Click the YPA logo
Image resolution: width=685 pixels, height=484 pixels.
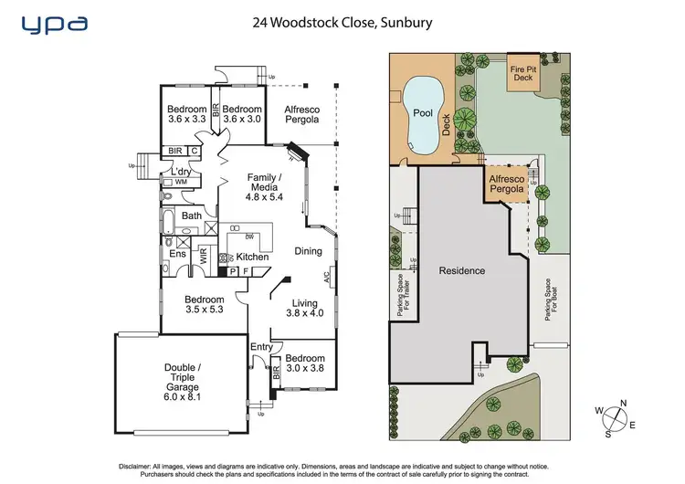tap(56, 22)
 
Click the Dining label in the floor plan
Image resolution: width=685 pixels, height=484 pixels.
tap(308, 251)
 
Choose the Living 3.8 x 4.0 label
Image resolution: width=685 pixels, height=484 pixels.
tap(303, 309)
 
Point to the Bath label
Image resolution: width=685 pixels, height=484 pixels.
tap(192, 216)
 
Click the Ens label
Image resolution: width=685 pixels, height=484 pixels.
tap(177, 254)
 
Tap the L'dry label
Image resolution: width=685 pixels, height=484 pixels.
tap(180, 172)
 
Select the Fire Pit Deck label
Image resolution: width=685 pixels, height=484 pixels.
tap(523, 73)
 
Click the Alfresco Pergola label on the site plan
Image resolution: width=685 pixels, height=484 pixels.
tap(507, 184)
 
